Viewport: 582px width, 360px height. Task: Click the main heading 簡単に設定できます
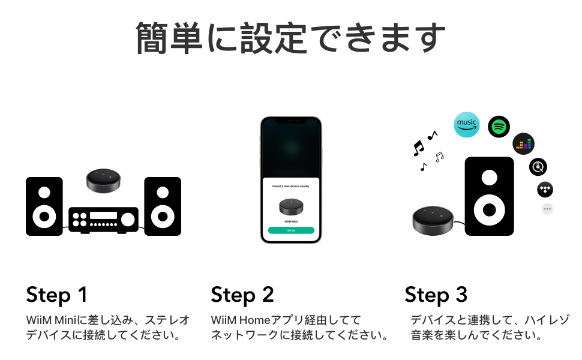[291, 37]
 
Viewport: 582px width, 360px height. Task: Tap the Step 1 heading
[57, 295]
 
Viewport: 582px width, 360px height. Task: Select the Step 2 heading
[242, 295]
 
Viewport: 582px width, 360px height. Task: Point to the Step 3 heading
[436, 295]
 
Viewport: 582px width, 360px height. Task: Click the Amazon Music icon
[467, 124]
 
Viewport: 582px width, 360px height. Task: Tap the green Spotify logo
[499, 127]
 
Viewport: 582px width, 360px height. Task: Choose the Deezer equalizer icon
[523, 143]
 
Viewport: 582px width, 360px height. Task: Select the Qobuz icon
[538, 166]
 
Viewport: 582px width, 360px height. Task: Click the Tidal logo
[545, 190]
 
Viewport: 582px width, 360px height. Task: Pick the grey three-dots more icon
[547, 209]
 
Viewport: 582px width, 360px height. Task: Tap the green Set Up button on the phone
[291, 230]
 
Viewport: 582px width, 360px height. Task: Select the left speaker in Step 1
[44, 206]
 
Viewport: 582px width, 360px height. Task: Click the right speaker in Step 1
[163, 206]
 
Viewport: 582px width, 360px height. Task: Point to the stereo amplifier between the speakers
[103, 219]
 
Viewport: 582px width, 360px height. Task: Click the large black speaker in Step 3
[490, 196]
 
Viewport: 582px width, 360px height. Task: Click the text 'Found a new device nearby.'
[291, 187]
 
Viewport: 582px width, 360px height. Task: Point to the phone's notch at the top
[291, 121]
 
